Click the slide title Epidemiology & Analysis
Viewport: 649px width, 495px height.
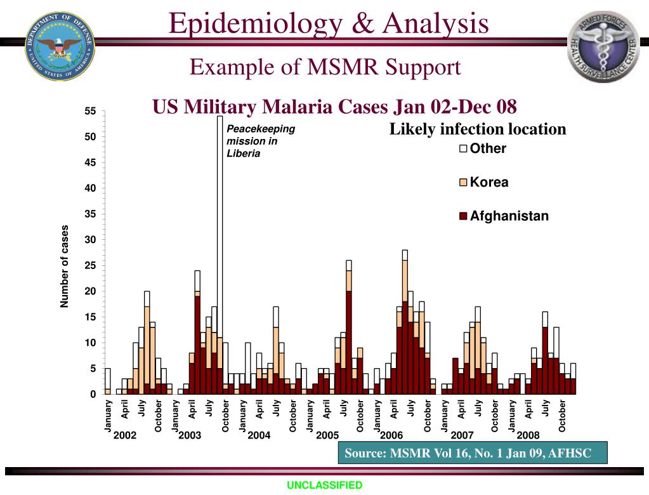point(329,23)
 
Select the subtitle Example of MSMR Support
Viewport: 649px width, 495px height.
point(325,66)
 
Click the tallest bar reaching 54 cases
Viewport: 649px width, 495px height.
point(220,254)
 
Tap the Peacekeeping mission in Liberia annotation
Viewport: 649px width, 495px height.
point(261,141)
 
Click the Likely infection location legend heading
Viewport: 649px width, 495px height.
point(477,129)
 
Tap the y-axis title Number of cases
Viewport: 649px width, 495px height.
point(64,267)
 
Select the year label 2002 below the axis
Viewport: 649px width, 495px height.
point(124,435)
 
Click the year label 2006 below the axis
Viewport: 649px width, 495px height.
point(391,435)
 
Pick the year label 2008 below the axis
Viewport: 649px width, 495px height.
point(528,435)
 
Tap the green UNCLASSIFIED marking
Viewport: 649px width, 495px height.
point(324,485)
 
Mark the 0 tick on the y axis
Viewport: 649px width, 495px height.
point(93,394)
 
